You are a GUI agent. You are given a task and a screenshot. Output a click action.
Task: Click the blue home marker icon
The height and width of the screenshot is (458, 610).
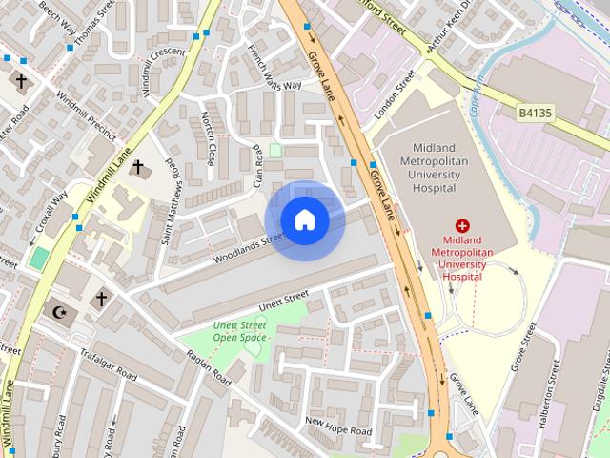coord(304,220)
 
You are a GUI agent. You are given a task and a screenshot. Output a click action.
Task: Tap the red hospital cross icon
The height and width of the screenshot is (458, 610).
coord(462,226)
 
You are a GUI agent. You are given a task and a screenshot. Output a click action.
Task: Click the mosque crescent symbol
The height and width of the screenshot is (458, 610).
coord(60,311)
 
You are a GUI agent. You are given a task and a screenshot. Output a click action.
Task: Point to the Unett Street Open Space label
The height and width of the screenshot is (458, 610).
coord(239,331)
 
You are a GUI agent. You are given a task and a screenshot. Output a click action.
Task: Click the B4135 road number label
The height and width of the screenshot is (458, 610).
coord(536,113)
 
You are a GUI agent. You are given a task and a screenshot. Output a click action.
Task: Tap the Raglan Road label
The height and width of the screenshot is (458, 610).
coord(209,367)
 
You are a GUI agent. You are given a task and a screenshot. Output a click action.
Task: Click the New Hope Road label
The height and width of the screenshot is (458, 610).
coord(337,426)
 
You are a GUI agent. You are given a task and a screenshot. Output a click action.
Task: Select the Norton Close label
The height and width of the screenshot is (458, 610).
coord(209,138)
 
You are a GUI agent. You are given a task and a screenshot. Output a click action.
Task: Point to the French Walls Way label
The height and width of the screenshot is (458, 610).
coord(274,69)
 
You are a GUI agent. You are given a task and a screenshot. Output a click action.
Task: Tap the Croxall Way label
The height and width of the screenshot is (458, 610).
coord(52,212)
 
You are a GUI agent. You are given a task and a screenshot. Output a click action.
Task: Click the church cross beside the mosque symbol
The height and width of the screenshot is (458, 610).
coord(100,299)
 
